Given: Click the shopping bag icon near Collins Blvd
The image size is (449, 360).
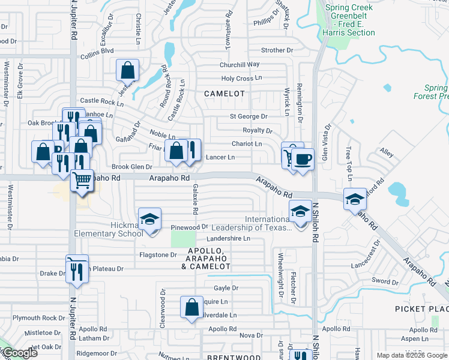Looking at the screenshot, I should pyautogui.click(x=128, y=71).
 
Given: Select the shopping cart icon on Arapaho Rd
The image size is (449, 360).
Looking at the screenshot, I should pyautogui.click(x=82, y=180).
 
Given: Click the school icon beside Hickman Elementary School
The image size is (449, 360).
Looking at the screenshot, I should pyautogui.click(x=150, y=219).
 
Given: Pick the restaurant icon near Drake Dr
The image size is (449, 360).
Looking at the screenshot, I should pyautogui.click(x=76, y=271).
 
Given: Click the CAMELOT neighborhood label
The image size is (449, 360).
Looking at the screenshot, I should pyautogui.click(x=224, y=94).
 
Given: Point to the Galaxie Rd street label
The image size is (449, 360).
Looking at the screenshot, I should pyautogui.click(x=196, y=200).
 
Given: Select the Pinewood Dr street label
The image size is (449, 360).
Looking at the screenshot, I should pyautogui.click(x=189, y=227).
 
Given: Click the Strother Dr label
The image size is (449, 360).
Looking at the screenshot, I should pyautogui.click(x=277, y=50).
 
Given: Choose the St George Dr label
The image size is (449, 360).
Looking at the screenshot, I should pyautogui.click(x=248, y=116).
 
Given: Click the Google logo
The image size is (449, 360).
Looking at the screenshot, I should pyautogui.click(x=19, y=353).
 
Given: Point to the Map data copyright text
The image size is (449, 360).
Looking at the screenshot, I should pyautogui.click(x=412, y=355).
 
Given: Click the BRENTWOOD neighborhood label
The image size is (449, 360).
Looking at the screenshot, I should pyautogui.click(x=234, y=358).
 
